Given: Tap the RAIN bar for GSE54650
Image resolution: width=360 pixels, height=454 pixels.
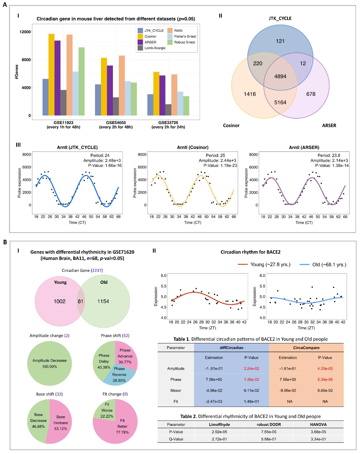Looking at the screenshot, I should click(122, 85).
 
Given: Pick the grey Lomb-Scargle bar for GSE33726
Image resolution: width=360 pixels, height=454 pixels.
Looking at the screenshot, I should click(168, 110).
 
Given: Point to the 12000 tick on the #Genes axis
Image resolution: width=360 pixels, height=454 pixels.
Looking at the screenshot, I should click(25, 32).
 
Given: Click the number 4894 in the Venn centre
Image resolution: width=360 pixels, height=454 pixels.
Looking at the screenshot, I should click(280, 76).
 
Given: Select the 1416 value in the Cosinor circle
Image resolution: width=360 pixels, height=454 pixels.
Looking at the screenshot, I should click(250, 94).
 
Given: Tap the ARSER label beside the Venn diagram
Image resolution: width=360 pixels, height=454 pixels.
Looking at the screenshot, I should click(329, 125).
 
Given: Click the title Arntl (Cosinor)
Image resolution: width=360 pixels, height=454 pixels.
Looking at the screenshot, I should click(193, 148).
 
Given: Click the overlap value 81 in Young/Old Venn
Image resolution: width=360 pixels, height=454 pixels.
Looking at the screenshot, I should click(81, 301).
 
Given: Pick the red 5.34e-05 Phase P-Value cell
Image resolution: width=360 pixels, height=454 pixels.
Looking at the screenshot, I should click(325, 380).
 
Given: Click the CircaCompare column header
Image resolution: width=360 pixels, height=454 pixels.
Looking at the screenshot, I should click(306, 348).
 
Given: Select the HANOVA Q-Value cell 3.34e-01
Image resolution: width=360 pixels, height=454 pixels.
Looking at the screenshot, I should click(318, 439).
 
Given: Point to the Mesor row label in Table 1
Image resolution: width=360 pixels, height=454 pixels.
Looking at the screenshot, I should click(176, 390).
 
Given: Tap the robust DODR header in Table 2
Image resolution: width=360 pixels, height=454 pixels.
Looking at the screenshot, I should click(269, 424).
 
